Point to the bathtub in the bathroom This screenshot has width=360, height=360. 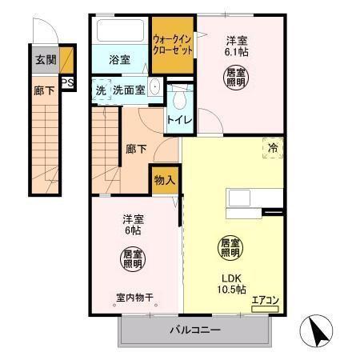click(x=121, y=32)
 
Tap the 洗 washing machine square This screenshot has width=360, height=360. click(x=100, y=90)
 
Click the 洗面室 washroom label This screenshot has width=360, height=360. click(x=128, y=90)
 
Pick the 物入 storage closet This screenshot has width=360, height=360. click(x=164, y=180)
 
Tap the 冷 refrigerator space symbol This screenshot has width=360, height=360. click(x=273, y=148)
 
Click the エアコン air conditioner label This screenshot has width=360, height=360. click(x=265, y=302)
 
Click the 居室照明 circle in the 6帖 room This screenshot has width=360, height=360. click(x=133, y=258)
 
